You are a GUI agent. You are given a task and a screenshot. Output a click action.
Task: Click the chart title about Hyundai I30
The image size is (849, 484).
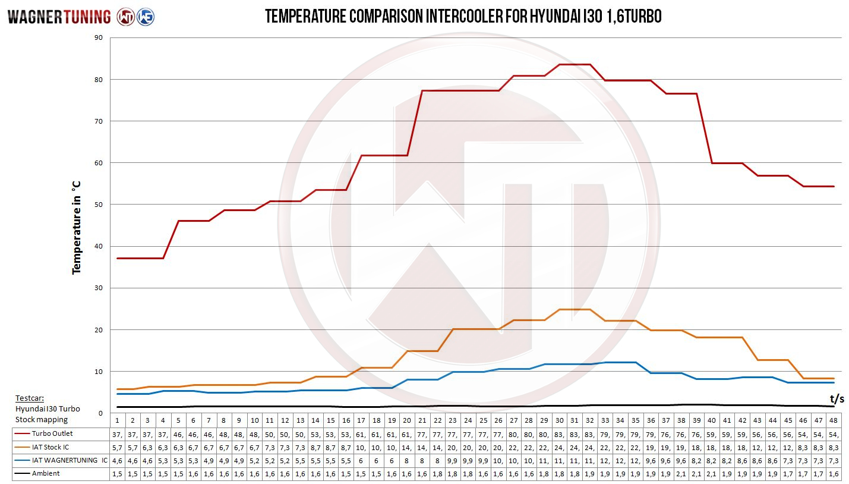click(463, 16)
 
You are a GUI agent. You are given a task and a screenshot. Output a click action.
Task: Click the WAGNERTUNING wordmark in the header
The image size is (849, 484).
click(59, 17)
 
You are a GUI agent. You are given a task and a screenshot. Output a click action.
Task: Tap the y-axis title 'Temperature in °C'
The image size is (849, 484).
click(76, 228)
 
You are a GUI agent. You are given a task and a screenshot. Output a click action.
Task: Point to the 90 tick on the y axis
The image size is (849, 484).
click(98, 37)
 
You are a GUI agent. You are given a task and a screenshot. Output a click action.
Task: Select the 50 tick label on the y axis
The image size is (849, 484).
click(98, 205)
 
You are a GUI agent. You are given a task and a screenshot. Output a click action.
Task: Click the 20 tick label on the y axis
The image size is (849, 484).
click(98, 330)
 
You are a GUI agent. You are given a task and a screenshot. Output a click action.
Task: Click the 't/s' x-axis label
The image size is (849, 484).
click(837, 398)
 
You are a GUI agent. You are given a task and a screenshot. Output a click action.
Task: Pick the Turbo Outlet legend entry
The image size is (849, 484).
click(52, 433)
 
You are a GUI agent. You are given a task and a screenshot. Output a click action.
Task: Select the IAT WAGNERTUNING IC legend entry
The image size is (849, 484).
click(70, 460)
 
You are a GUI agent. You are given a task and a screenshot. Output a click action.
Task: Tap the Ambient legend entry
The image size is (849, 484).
click(46, 473)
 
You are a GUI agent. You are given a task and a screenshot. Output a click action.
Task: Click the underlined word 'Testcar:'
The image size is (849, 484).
click(29, 398)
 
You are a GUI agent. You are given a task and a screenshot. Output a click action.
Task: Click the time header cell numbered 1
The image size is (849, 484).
click(118, 420)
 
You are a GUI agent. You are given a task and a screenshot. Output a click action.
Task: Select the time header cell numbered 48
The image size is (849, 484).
click(834, 420)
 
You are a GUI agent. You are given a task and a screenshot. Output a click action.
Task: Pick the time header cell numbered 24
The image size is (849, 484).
click(468, 420)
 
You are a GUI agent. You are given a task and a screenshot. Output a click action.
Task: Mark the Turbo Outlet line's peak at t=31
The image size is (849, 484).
click(575, 64)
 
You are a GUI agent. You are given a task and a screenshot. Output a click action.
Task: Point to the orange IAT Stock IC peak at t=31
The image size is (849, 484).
click(575, 309)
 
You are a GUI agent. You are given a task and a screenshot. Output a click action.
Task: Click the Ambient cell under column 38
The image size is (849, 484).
click(681, 474)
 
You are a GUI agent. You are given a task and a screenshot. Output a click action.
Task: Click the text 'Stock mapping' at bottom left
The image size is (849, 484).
click(42, 419)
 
